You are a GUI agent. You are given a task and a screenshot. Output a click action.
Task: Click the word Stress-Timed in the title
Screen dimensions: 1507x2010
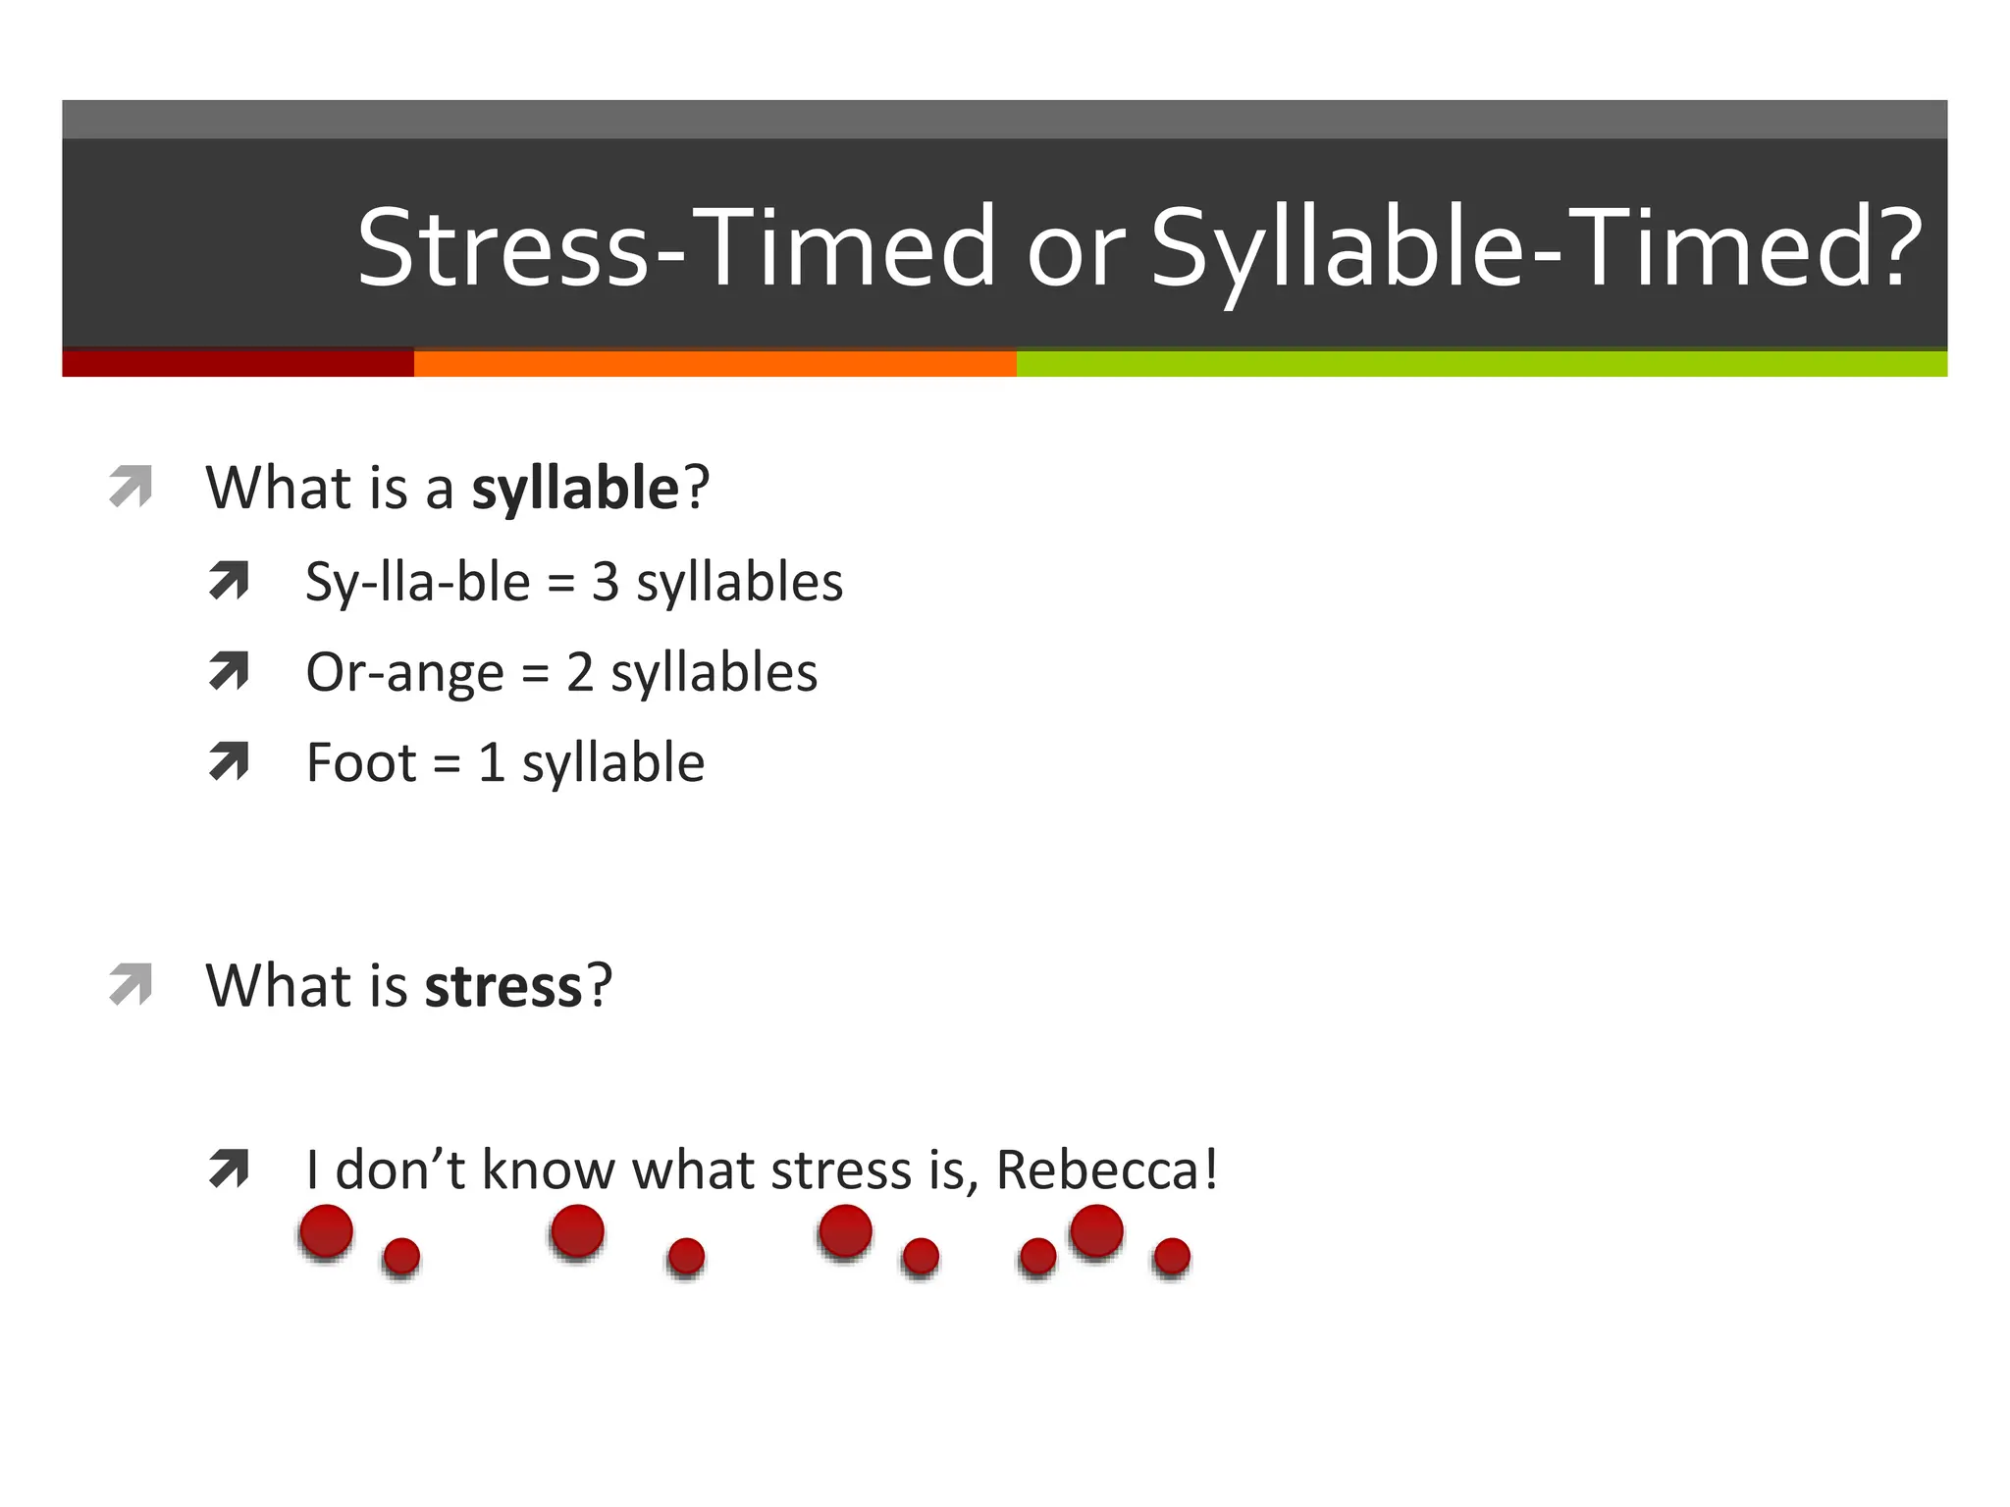coord(675,247)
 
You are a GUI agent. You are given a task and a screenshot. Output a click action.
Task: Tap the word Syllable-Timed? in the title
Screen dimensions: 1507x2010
coord(1536,247)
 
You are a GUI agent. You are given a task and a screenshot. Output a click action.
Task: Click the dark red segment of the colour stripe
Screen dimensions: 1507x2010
coord(238,363)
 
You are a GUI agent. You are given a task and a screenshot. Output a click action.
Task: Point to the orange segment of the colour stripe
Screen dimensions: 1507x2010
coord(714,363)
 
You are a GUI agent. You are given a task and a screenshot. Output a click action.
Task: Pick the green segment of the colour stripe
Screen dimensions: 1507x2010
coord(1481,363)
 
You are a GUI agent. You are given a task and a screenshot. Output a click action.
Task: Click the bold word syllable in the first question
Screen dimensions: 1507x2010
coord(575,489)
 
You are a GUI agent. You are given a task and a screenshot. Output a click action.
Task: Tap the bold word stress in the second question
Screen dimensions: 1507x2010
coord(503,987)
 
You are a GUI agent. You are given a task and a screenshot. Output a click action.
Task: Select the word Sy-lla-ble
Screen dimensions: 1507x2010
coord(418,583)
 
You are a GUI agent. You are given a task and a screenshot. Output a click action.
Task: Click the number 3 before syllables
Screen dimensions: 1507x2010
coord(606,582)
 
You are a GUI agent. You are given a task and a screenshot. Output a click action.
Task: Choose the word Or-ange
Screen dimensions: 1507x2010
coord(404,674)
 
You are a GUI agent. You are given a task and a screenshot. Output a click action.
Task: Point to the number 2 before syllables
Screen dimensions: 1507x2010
coord(580,673)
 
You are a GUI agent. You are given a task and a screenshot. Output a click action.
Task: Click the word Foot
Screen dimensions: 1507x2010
coord(361,763)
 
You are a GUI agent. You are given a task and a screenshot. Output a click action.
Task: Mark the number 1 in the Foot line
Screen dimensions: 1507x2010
coord(492,763)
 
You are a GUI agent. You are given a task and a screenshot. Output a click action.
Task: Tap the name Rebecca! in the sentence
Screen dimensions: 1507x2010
coord(1107,1169)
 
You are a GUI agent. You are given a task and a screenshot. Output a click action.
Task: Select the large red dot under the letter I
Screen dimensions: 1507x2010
coord(326,1231)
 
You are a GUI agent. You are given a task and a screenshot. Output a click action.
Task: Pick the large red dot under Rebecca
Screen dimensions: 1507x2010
coord(1096,1230)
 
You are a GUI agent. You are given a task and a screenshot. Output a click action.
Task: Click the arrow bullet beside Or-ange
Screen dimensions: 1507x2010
coord(229,672)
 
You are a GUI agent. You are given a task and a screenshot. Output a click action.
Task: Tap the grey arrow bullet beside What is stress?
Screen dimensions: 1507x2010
coord(131,984)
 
